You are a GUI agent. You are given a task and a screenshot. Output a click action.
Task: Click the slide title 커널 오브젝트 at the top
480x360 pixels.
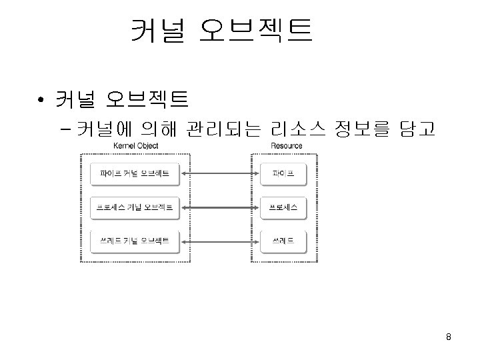click(x=221, y=31)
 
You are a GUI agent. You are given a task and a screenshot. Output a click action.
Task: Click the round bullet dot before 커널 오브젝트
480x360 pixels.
click(x=41, y=101)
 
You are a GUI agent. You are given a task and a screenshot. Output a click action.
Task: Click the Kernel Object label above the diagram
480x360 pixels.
click(x=135, y=146)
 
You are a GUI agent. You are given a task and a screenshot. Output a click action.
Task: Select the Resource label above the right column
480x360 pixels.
click(x=287, y=146)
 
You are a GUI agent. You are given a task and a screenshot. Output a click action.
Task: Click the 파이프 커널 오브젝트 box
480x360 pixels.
click(x=135, y=175)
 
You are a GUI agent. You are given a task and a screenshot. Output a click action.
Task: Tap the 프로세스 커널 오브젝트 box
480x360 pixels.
click(x=135, y=207)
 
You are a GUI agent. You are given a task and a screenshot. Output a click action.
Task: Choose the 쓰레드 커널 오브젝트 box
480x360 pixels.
click(x=135, y=240)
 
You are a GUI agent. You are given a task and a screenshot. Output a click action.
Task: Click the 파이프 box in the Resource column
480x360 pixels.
click(x=283, y=175)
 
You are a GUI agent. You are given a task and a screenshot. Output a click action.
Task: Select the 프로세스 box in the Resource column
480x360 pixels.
click(x=283, y=207)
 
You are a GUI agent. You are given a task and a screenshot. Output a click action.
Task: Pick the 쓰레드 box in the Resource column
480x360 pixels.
click(x=283, y=240)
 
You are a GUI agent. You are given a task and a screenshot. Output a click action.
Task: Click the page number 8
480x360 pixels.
click(x=449, y=337)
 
